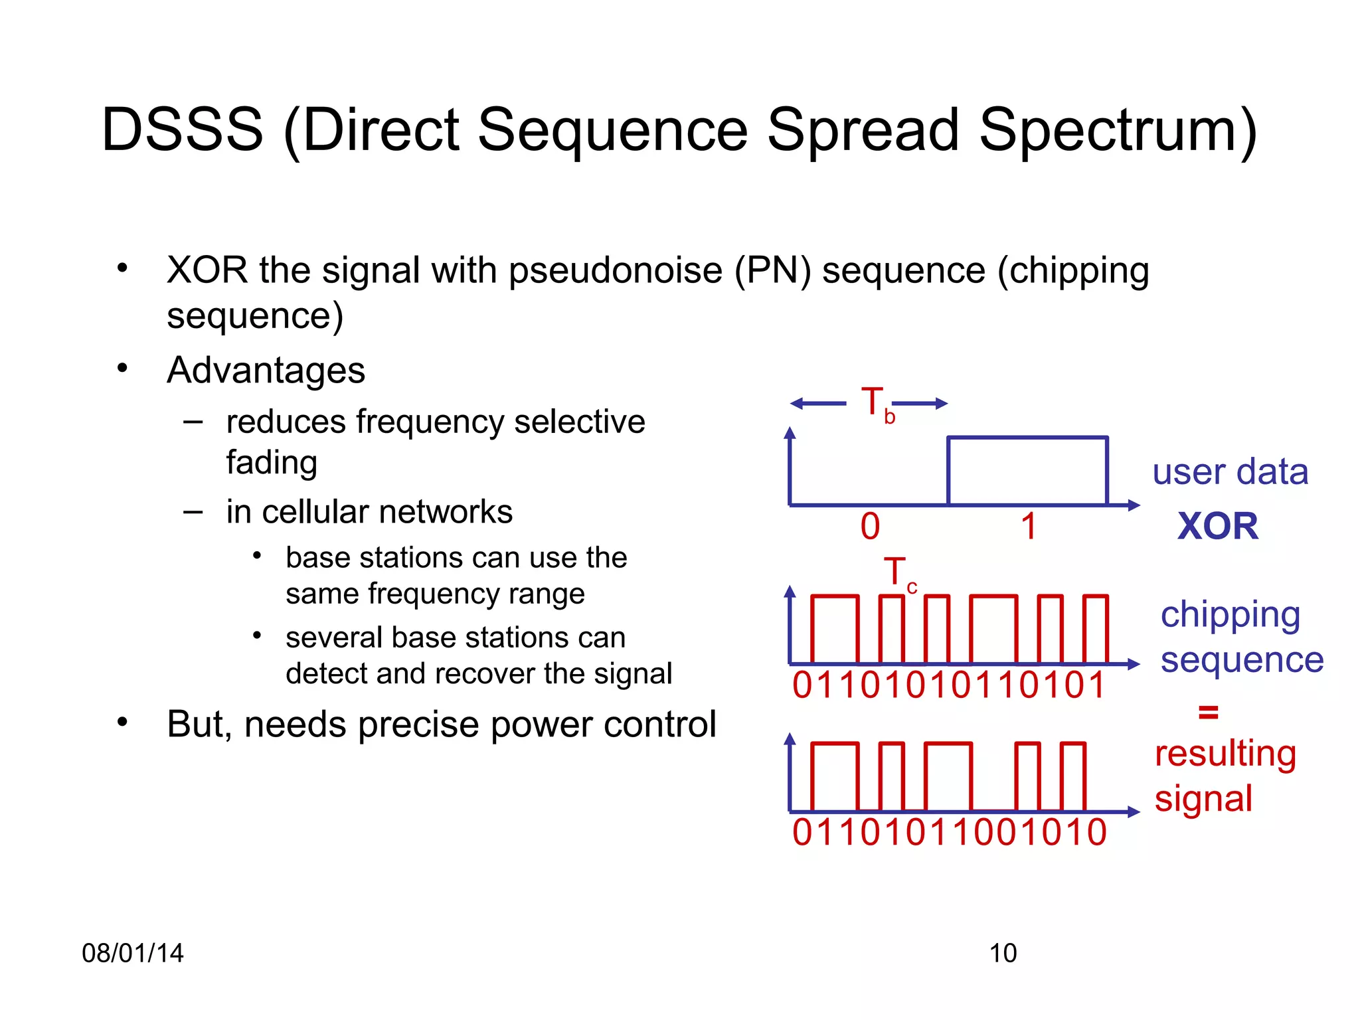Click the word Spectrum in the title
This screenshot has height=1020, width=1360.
[x=1118, y=131]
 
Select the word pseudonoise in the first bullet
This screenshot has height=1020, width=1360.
[x=616, y=271]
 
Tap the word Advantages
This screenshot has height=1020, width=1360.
[x=266, y=370]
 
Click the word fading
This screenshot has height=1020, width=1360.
[x=272, y=462]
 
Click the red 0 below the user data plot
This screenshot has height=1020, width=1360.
[x=870, y=527]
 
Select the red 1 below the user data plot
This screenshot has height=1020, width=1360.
[x=1028, y=527]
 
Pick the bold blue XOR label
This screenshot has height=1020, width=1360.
[x=1217, y=527]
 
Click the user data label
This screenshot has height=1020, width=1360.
[x=1230, y=472]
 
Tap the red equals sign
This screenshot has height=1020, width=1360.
[x=1208, y=713]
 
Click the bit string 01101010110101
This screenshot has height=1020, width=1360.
[x=949, y=685]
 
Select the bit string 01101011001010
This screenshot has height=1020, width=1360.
[x=949, y=833]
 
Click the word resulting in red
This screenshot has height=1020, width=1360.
[x=1225, y=754]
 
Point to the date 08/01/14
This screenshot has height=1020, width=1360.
[x=132, y=953]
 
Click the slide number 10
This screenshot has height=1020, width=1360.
[x=1003, y=953]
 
